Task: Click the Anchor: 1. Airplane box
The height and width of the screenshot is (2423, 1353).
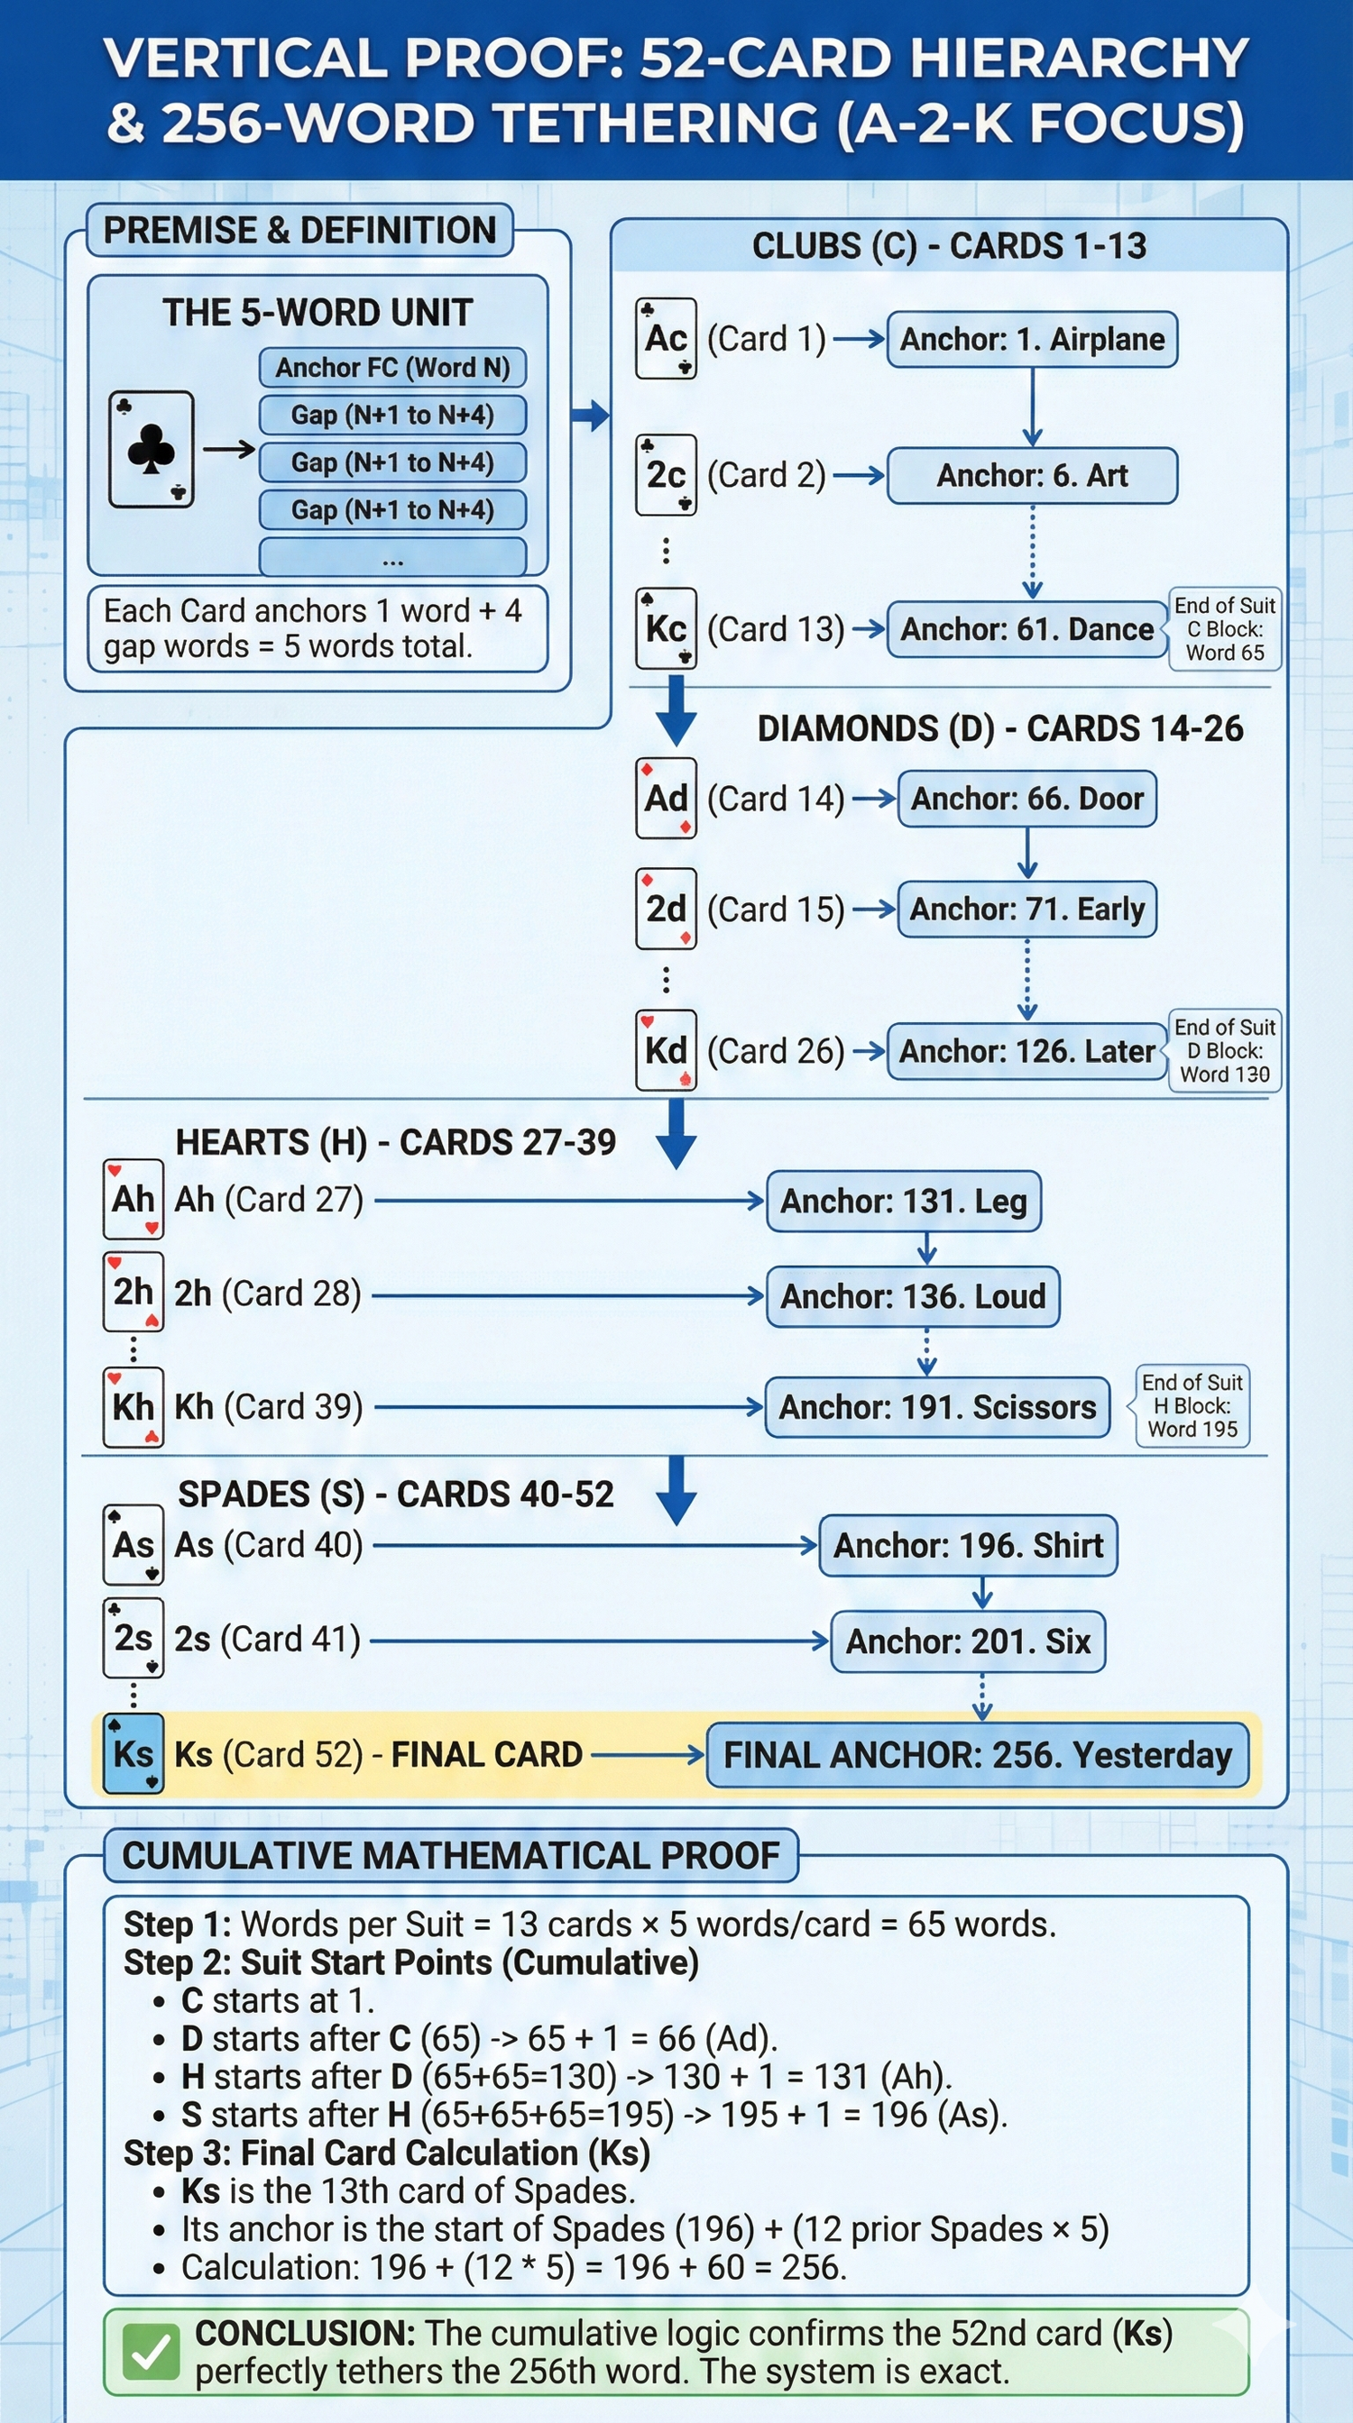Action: pyautogui.click(x=1032, y=340)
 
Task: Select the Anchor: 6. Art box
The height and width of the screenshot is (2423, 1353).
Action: pyautogui.click(x=1032, y=476)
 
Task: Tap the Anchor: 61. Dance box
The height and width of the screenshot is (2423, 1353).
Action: pyautogui.click(x=1026, y=629)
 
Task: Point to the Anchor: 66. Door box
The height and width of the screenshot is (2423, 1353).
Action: pyautogui.click(x=1026, y=800)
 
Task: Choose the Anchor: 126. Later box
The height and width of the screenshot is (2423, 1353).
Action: pyautogui.click(x=1026, y=1052)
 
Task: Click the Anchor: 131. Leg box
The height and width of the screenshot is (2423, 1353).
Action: pyautogui.click(x=903, y=1202)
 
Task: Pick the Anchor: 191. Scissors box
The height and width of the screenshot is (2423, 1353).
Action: pyautogui.click(x=937, y=1407)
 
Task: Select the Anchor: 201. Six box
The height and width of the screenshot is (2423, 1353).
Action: pyautogui.click(x=967, y=1641)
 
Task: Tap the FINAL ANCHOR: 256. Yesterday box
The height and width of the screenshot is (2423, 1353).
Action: pyautogui.click(x=977, y=1755)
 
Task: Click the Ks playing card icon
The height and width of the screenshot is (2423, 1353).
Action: pyautogui.click(x=133, y=1754)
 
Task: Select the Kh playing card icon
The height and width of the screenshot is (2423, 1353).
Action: pyautogui.click(x=133, y=1407)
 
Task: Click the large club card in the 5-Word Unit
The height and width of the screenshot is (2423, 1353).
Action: pyautogui.click(x=152, y=450)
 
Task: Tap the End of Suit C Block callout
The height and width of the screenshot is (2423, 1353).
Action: pyautogui.click(x=1224, y=629)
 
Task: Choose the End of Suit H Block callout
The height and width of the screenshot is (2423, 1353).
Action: pyautogui.click(x=1192, y=1406)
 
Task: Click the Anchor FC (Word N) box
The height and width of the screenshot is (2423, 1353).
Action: pyautogui.click(x=392, y=368)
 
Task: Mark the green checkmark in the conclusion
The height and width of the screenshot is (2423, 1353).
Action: pyautogui.click(x=151, y=2353)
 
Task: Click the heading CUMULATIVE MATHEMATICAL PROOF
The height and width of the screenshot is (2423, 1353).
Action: pyautogui.click(x=451, y=1856)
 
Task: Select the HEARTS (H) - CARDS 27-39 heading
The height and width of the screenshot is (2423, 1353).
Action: pyautogui.click(x=395, y=1142)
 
